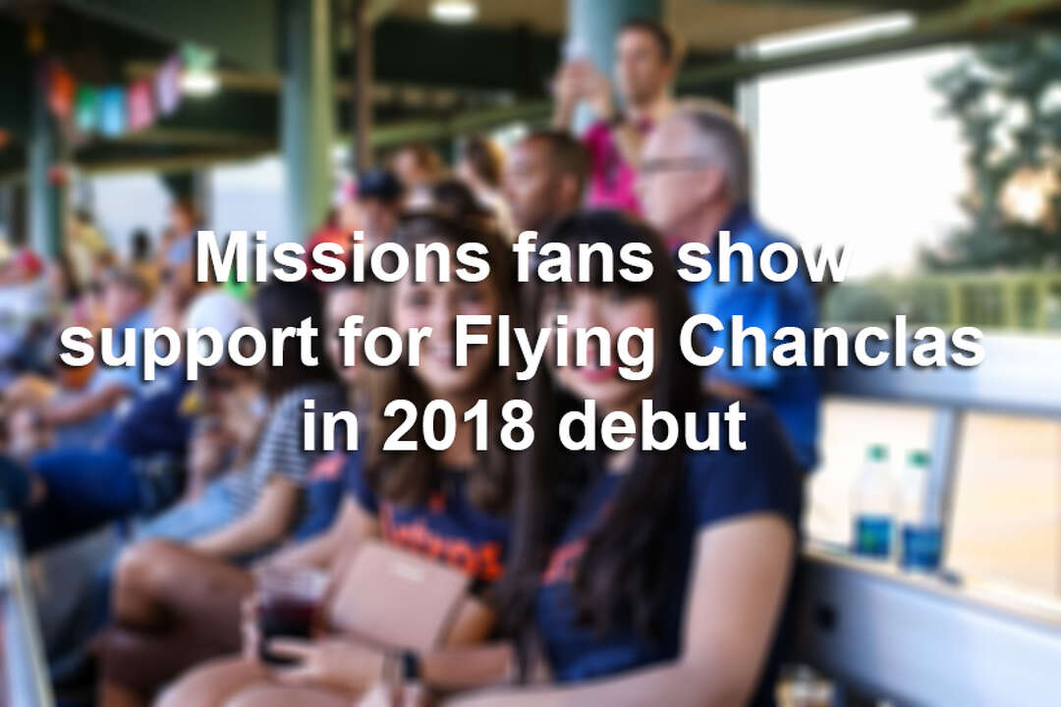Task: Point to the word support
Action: pyautogui.click(x=190, y=344)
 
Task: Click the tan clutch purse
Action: pyautogui.click(x=398, y=598)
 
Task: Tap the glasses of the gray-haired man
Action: pyautogui.click(x=673, y=165)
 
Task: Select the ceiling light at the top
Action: pyautogui.click(x=453, y=11)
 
